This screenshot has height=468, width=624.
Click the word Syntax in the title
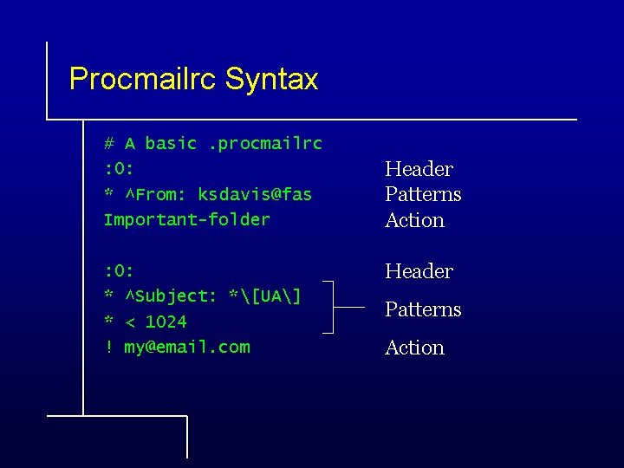point(271,80)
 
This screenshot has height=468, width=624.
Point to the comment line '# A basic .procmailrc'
point(212,143)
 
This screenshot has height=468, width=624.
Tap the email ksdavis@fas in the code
point(255,194)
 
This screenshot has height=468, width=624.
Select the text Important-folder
point(186,219)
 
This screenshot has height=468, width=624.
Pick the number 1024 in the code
point(166,322)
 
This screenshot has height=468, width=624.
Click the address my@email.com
point(187,347)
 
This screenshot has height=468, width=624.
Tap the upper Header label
point(419,169)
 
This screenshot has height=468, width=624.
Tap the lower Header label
point(419,271)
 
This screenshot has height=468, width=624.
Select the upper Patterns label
point(423,194)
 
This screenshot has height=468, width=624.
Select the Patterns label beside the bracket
point(423,309)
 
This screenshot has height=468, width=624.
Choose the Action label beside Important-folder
point(414,220)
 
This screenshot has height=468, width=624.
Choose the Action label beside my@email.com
point(414,348)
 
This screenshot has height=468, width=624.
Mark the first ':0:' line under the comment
point(120,168)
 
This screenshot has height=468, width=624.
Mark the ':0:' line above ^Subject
point(120,270)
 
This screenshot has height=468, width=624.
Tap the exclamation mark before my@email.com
point(108,347)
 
